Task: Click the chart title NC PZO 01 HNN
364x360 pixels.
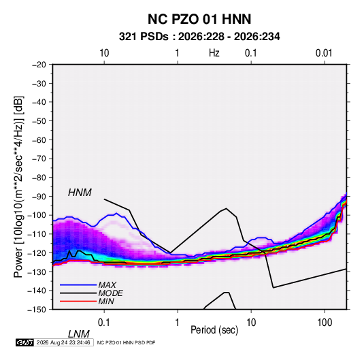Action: pyautogui.click(x=199, y=19)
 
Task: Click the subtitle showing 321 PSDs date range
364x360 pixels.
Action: pyautogui.click(x=199, y=37)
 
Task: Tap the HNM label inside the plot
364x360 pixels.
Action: pyautogui.click(x=80, y=193)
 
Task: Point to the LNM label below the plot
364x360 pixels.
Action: pyautogui.click(x=79, y=334)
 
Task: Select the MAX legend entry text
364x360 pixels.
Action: pyautogui.click(x=107, y=284)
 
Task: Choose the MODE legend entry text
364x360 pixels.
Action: pyautogui.click(x=110, y=293)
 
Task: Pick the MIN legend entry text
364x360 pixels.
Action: pyautogui.click(x=106, y=301)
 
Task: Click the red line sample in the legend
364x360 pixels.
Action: pyautogui.click(x=78, y=301)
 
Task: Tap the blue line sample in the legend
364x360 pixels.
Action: pyautogui.click(x=78, y=284)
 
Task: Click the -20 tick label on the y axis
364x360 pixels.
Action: pyautogui.click(x=39, y=65)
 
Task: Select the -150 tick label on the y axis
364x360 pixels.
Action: pyautogui.click(x=37, y=310)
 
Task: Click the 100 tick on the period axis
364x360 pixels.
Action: pyautogui.click(x=325, y=323)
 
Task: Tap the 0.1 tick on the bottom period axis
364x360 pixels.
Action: pyautogui.click(x=104, y=323)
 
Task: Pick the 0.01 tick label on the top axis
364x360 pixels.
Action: pyautogui.click(x=324, y=53)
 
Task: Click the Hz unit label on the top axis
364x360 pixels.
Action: pyautogui.click(x=214, y=53)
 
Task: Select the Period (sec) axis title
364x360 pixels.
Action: pyautogui.click(x=214, y=330)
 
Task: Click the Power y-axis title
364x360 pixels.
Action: pyautogui.click(x=18, y=187)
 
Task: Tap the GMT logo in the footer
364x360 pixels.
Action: pyautogui.click(x=25, y=342)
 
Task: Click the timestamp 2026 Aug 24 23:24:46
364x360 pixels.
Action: pyautogui.click(x=63, y=342)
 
